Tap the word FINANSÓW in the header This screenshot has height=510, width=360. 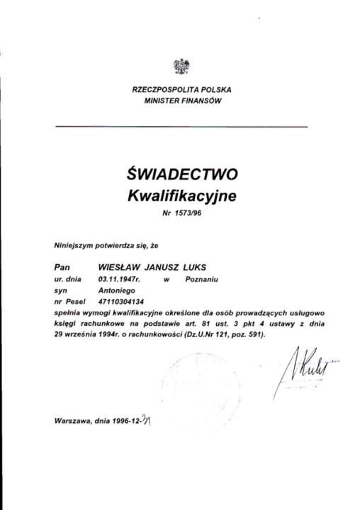(x=203, y=101)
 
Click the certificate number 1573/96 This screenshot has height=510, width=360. (x=187, y=212)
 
